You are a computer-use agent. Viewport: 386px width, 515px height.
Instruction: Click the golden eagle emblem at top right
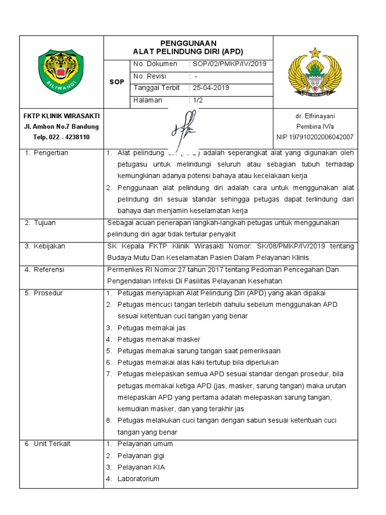point(315,71)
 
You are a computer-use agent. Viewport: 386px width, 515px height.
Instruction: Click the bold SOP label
point(117,82)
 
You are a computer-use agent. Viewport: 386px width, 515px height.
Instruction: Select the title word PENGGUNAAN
point(188,43)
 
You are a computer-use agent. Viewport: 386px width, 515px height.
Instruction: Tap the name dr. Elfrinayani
point(315,116)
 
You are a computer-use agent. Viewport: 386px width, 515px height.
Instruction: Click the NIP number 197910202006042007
point(315,137)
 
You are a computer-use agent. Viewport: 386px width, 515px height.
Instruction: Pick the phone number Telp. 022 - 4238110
point(61,137)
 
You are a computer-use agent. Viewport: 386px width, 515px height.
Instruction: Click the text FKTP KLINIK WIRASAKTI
point(61,116)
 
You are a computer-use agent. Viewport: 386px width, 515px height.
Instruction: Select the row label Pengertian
point(50,153)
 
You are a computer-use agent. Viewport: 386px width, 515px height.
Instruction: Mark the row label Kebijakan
point(49,246)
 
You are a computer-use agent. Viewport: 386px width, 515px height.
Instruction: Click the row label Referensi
point(49,270)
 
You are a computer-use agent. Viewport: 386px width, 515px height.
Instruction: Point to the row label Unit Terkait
point(52,444)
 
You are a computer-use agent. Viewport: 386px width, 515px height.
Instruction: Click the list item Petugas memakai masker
point(158,339)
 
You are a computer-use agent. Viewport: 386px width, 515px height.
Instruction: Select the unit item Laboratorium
point(138,478)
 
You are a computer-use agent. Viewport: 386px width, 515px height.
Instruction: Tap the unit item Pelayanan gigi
point(141,456)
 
